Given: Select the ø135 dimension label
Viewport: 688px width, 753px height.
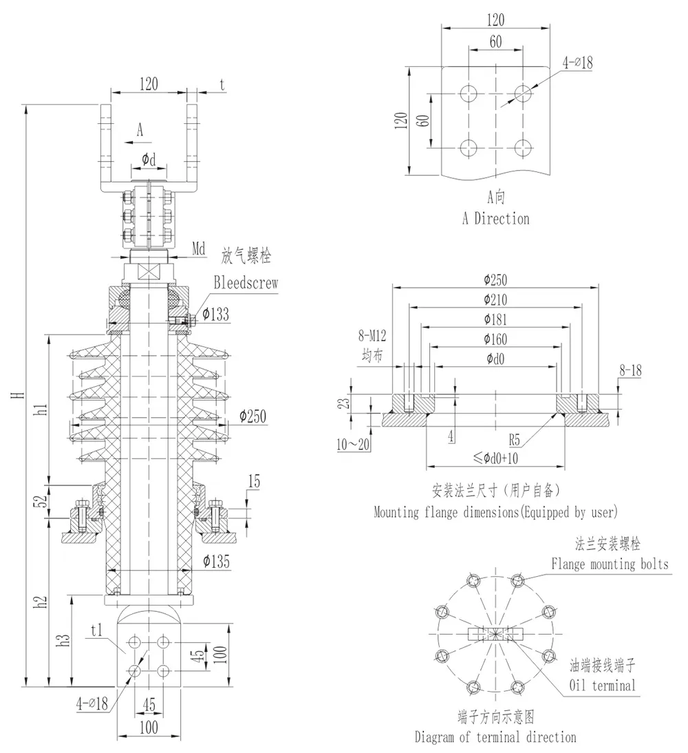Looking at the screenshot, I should point(217,562).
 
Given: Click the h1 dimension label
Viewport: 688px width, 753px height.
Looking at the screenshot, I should point(41,409).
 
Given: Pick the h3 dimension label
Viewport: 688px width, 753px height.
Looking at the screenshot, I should point(64,639).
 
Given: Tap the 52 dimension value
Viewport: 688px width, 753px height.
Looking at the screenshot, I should point(41,502).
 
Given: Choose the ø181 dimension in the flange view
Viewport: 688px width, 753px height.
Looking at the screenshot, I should point(496,319).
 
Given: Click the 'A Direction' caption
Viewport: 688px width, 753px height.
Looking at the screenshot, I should point(495,219).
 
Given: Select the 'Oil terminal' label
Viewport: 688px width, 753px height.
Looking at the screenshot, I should point(603,685).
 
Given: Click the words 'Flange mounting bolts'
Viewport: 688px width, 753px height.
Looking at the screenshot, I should point(610,564).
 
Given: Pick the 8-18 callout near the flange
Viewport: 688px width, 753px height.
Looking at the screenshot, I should point(630,371).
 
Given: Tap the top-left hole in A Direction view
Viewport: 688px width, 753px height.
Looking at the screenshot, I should point(469,94).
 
